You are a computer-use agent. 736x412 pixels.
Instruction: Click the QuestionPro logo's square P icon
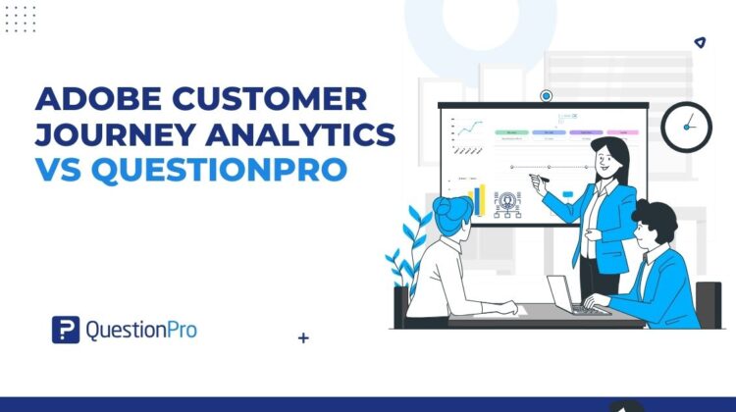point(65,330)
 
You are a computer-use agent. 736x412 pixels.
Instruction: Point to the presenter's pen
point(535,179)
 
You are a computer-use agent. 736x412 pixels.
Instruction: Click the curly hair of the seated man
point(655,217)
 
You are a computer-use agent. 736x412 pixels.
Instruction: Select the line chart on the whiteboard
point(466,129)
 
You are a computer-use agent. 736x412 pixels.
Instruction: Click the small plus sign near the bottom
point(303,338)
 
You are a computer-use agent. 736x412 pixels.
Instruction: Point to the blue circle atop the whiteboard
point(547,95)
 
